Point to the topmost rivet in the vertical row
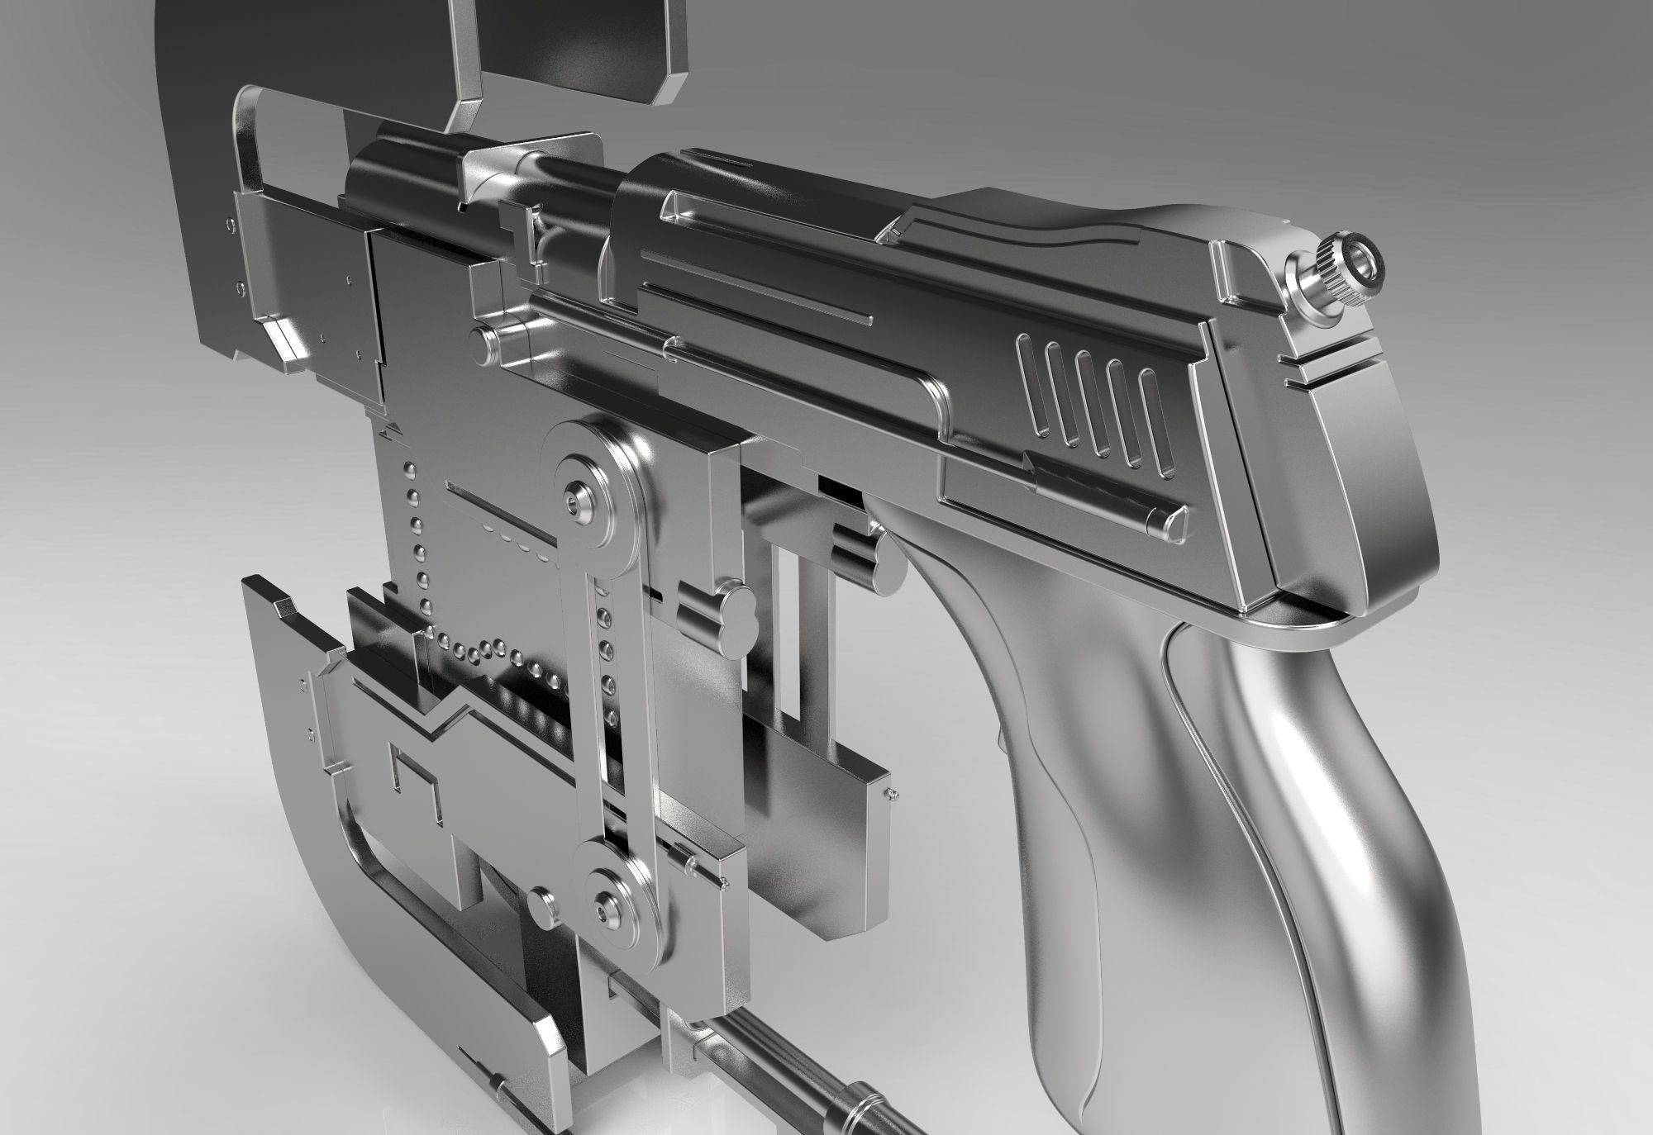point(407,472)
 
